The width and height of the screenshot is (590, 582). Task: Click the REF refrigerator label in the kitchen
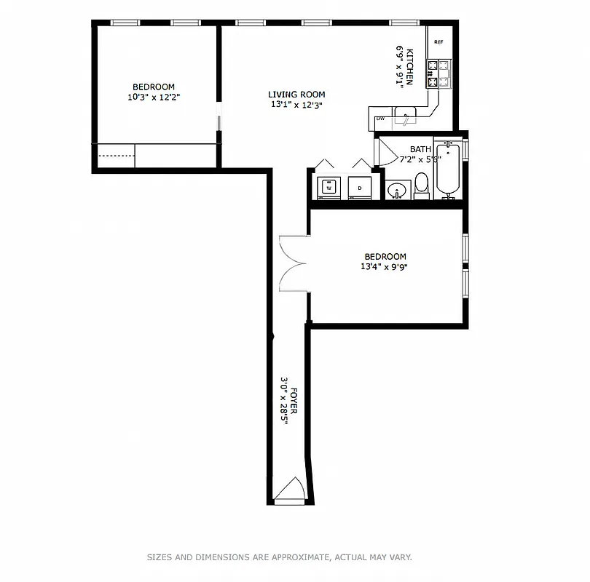click(x=438, y=42)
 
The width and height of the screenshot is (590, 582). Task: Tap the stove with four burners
click(x=440, y=73)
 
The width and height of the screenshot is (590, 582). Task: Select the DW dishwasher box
click(x=380, y=119)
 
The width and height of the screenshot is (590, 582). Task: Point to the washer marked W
click(x=329, y=187)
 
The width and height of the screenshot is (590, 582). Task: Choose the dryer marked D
click(x=360, y=187)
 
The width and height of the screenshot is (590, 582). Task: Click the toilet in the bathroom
click(x=422, y=187)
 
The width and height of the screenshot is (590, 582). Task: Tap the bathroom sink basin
click(x=397, y=191)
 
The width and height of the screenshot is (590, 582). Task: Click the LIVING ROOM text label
click(x=296, y=95)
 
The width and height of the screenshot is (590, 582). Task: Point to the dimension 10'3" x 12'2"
click(x=153, y=97)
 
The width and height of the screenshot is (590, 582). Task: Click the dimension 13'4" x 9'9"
click(x=385, y=266)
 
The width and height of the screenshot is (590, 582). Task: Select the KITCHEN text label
click(x=410, y=67)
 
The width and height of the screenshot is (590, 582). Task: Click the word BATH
click(x=420, y=149)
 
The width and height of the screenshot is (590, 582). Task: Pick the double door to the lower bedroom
click(x=293, y=263)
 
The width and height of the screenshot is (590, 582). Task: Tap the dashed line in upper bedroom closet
click(x=116, y=156)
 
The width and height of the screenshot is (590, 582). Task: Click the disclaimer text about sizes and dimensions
click(x=280, y=557)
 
